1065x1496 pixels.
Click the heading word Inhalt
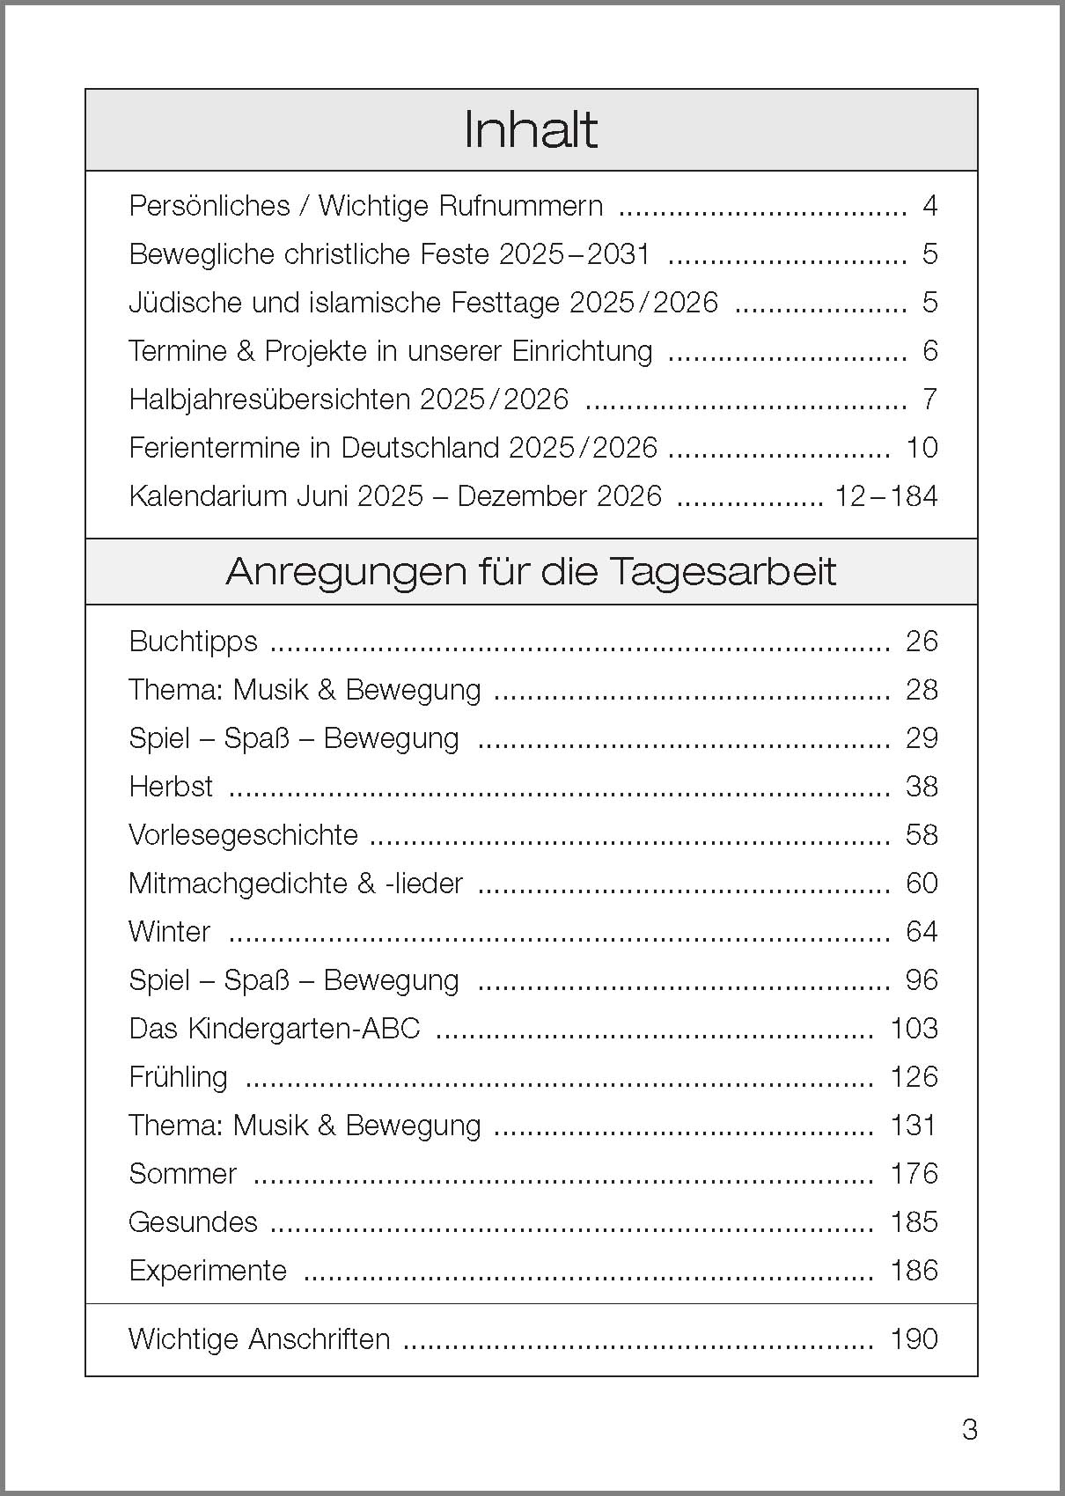(531, 130)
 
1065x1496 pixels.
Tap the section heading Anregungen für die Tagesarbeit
(531, 572)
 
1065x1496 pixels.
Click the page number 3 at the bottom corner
(969, 1430)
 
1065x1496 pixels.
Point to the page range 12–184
(885, 496)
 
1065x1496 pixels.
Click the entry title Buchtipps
(193, 642)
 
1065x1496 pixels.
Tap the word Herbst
(171, 787)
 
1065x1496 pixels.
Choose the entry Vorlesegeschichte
(243, 835)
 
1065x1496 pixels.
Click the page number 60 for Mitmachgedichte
(922, 884)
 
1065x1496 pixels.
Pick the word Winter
(169, 932)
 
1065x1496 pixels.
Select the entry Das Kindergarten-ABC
(274, 1029)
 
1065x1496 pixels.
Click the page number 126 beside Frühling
(914, 1077)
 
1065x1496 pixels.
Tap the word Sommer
(182, 1174)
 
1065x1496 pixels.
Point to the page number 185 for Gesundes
(914, 1222)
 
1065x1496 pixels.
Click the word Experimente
(208, 1271)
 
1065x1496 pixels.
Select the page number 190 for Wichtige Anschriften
(914, 1339)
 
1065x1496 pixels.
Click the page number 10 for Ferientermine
(922, 448)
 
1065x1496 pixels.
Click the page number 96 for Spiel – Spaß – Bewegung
(922, 980)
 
